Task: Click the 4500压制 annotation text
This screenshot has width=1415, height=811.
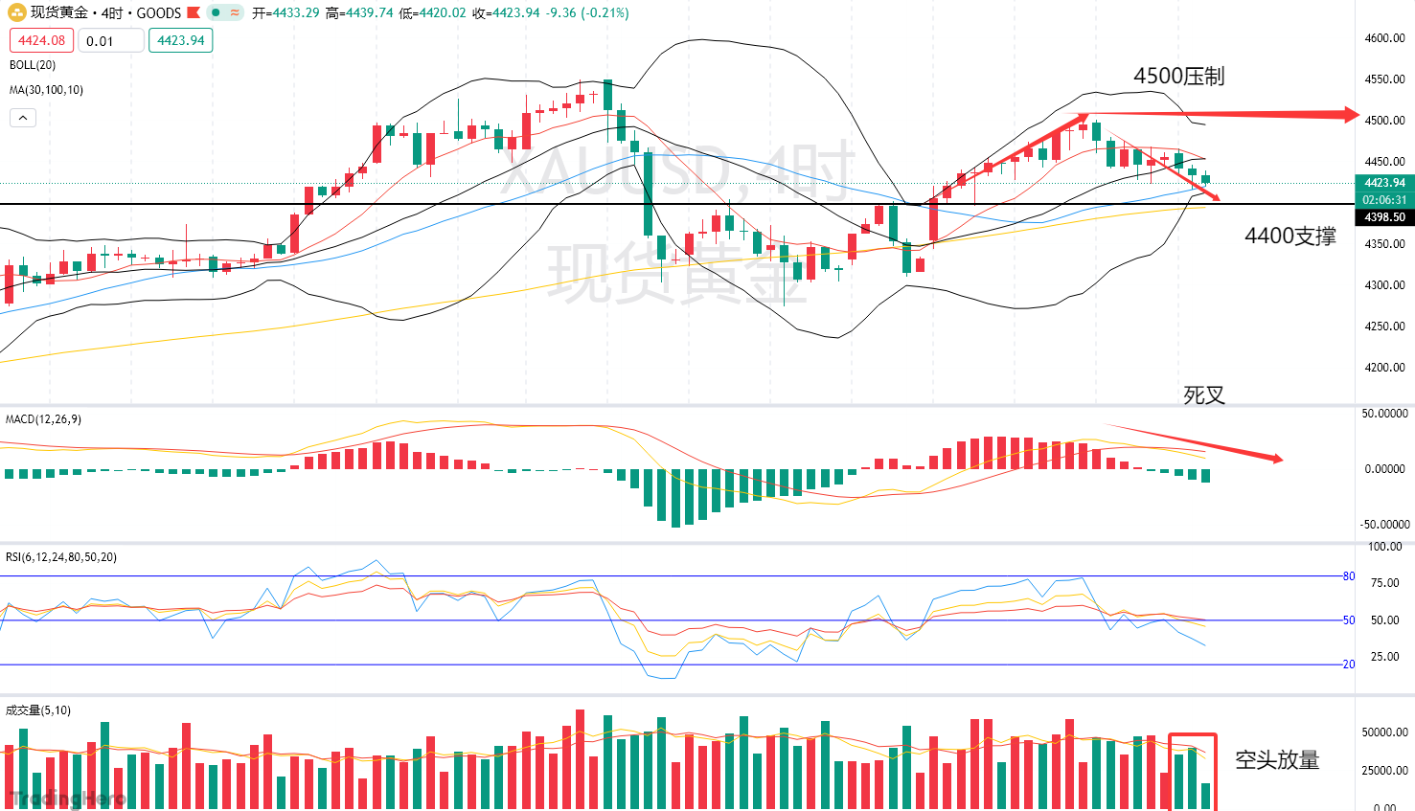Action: coord(1178,77)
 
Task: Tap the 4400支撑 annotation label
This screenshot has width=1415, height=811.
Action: coord(1289,237)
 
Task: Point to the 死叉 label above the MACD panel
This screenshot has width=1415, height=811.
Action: coord(1203,395)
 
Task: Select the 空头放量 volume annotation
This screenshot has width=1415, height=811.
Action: coord(1277,760)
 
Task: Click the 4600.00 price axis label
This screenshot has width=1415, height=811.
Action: coord(1384,38)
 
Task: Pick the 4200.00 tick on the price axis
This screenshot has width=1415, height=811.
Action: coord(1384,368)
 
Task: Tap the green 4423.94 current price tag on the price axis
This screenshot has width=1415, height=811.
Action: coord(1384,183)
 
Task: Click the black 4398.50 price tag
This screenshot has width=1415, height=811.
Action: coord(1384,217)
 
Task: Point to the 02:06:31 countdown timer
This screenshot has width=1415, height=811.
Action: coord(1384,200)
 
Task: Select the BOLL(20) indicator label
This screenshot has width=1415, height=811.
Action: coord(33,65)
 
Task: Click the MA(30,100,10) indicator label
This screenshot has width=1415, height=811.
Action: coord(46,90)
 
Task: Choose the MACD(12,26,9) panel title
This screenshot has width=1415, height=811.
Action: coord(43,419)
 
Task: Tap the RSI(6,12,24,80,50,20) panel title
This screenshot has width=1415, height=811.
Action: coord(61,557)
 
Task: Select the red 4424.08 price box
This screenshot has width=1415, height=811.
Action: coord(41,40)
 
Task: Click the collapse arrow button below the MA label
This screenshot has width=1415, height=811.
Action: coord(23,118)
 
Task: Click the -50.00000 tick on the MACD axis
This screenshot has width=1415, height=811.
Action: coord(1385,525)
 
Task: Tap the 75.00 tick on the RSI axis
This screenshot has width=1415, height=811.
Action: coord(1385,583)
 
